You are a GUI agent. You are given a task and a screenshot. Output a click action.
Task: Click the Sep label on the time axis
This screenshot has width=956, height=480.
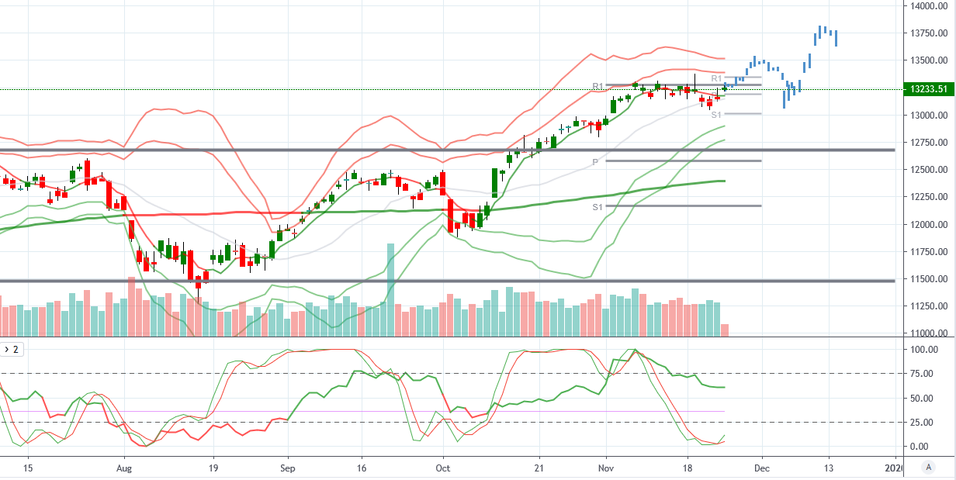(x=287, y=468)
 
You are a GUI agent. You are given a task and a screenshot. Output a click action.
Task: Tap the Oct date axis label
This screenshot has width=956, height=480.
(x=443, y=468)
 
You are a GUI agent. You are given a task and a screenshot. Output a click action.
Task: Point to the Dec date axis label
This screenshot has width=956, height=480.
(x=762, y=468)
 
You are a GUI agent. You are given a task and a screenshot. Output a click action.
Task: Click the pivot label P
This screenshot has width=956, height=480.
(x=595, y=162)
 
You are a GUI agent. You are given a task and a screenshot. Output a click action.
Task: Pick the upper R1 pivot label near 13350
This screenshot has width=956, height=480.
(x=717, y=78)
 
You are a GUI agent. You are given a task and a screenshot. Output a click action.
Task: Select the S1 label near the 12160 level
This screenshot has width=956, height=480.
(x=597, y=207)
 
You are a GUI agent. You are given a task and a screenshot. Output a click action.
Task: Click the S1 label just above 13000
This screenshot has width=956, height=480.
(x=716, y=115)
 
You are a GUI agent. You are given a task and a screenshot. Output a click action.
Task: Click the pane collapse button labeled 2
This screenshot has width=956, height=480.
(x=12, y=350)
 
